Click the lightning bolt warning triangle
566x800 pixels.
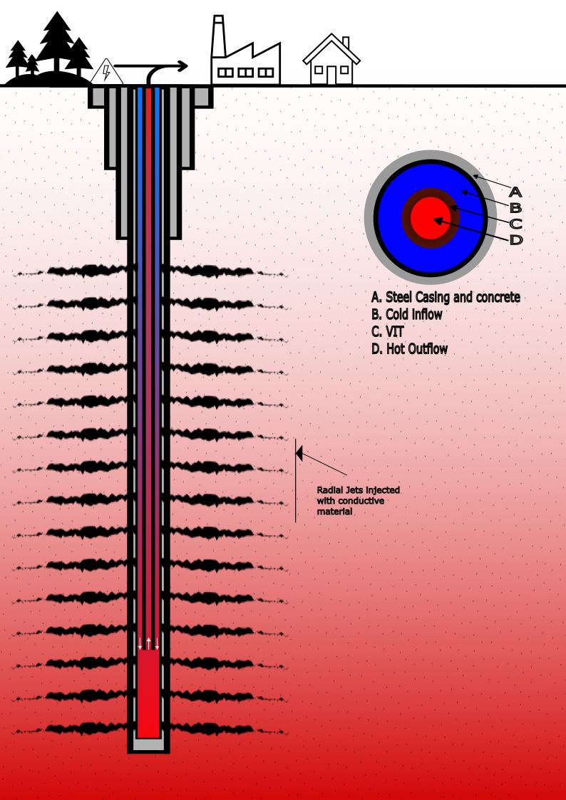pyautogui.click(x=107, y=73)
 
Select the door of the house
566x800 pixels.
pyautogui.click(x=331, y=75)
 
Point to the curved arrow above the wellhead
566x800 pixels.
pyautogui.click(x=168, y=68)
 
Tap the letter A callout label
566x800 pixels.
pyautogui.click(x=515, y=192)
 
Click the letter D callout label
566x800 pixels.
pyautogui.click(x=515, y=240)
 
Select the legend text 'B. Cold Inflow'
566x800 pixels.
pyautogui.click(x=407, y=314)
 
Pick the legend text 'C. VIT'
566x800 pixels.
pyautogui.click(x=388, y=332)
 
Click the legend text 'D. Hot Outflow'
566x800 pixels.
pyautogui.click(x=410, y=349)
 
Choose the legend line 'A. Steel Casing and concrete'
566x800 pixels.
pyautogui.click(x=446, y=297)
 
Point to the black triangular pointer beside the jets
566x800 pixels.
pyautogui.click(x=299, y=452)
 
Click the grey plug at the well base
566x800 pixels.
pyautogui.click(x=148, y=744)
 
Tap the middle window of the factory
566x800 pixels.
pyautogui.click(x=245, y=72)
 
